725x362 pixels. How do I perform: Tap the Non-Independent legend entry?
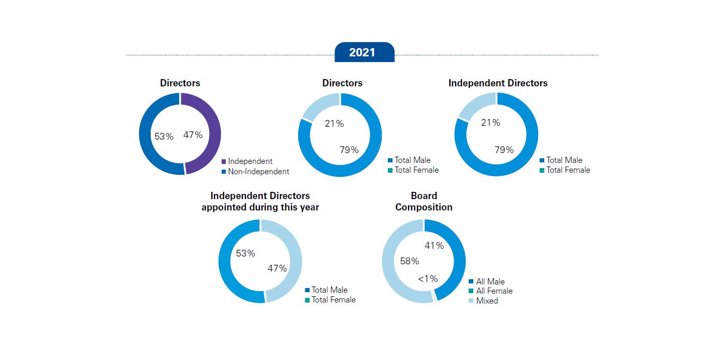click(255, 171)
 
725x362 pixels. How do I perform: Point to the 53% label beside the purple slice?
click(164, 137)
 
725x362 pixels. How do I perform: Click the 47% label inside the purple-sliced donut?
click(193, 135)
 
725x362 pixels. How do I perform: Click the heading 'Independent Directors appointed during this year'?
click(260, 202)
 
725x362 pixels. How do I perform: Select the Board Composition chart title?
click(424, 202)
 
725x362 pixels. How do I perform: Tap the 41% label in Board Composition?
click(434, 246)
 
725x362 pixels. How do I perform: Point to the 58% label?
click(409, 261)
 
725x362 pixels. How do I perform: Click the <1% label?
click(428, 279)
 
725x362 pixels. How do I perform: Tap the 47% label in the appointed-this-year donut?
click(277, 268)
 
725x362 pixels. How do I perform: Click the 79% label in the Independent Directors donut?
click(503, 150)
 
